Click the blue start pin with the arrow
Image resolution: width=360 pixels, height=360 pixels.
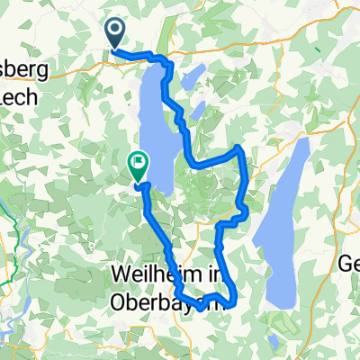(116, 33)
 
